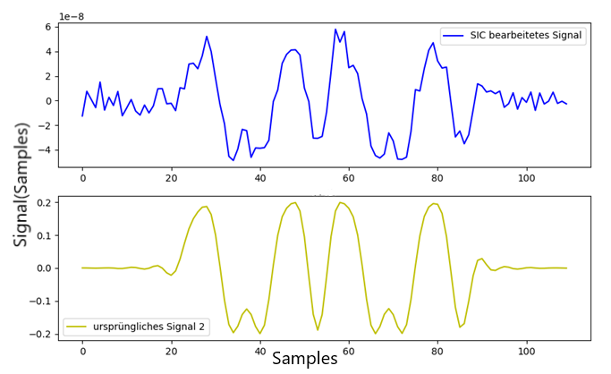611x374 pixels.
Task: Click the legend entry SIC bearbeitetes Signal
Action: point(531,36)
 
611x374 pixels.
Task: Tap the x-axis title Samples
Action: point(304,359)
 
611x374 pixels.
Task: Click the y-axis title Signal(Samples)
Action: point(21,183)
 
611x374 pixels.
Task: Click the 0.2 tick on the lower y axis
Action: point(42,203)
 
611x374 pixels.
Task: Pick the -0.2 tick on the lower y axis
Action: point(39,334)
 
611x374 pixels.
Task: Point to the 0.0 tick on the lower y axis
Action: point(42,268)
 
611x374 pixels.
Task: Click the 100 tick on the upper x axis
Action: point(525,178)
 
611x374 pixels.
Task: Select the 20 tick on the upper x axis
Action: point(171,178)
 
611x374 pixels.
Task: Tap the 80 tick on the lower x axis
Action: point(437,352)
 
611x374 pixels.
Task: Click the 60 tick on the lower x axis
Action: point(348,352)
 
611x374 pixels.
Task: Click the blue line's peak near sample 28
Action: point(207,37)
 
